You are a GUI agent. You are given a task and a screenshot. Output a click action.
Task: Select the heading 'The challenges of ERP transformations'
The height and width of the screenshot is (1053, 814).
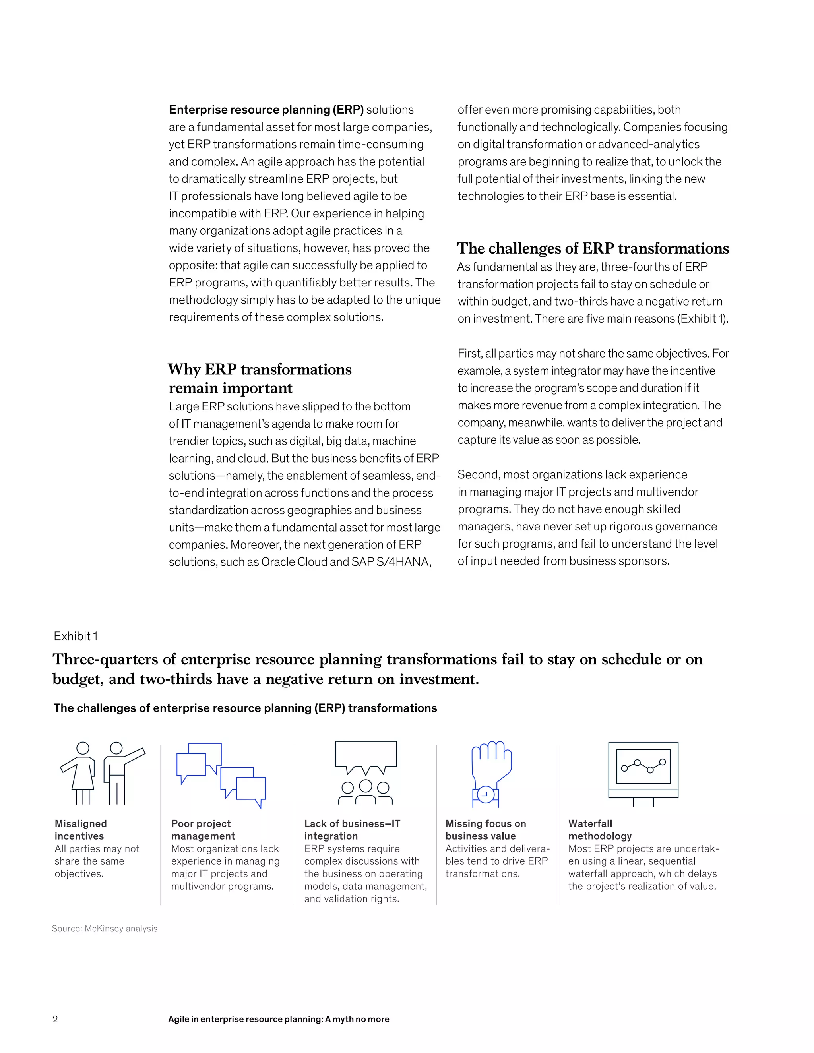[593, 248]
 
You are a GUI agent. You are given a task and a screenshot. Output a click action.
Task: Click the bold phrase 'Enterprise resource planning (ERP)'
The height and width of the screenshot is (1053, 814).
[266, 110]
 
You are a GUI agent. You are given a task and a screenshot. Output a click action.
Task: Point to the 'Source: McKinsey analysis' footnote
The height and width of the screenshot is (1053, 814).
[105, 929]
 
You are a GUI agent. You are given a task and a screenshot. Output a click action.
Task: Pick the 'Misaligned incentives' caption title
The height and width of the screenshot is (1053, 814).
[81, 830]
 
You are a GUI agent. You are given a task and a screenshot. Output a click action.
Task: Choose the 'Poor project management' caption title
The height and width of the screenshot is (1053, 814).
[203, 830]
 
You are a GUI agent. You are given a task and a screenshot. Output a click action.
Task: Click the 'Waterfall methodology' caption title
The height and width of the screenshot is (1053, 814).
[599, 830]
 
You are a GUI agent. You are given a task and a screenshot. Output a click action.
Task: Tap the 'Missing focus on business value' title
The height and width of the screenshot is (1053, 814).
[485, 830]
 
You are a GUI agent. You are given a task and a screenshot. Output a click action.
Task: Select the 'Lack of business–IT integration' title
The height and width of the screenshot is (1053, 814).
[352, 830]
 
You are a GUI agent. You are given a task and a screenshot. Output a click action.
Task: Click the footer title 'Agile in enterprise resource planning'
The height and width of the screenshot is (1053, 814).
[278, 1019]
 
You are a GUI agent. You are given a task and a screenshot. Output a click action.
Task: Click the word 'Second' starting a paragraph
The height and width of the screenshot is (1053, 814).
[478, 475]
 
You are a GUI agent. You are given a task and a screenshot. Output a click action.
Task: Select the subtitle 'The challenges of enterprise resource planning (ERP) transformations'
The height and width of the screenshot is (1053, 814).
[245, 708]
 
